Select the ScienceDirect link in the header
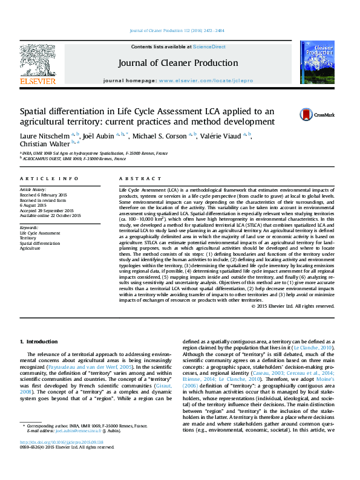tap(211, 47)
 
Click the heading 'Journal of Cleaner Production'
tap(177, 63)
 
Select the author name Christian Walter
tap(44, 144)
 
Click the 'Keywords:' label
tap(29, 227)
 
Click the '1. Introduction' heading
tap(39, 342)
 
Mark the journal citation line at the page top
tap(180, 31)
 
